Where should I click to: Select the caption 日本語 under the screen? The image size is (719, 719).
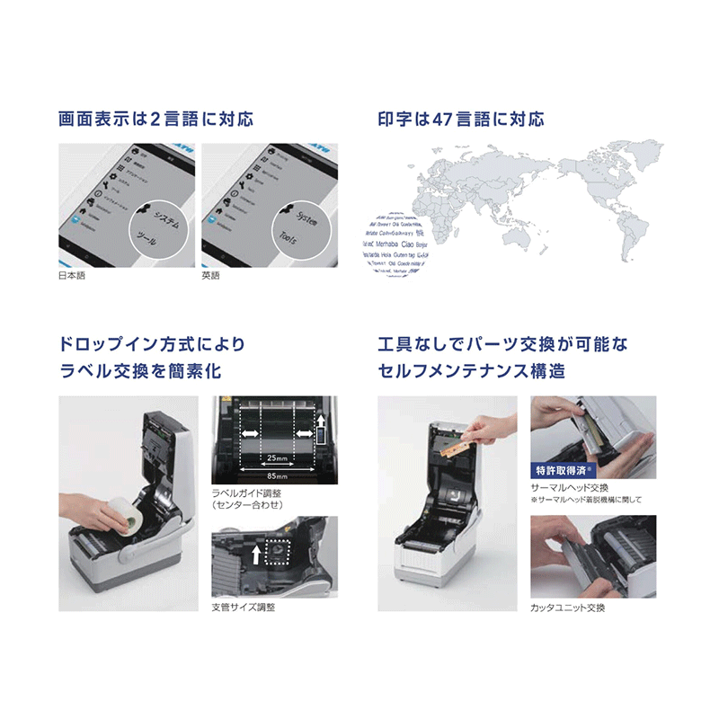point(73,276)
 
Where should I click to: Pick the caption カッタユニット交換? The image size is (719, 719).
point(568,608)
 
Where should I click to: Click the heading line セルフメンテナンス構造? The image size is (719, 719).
point(472,370)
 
